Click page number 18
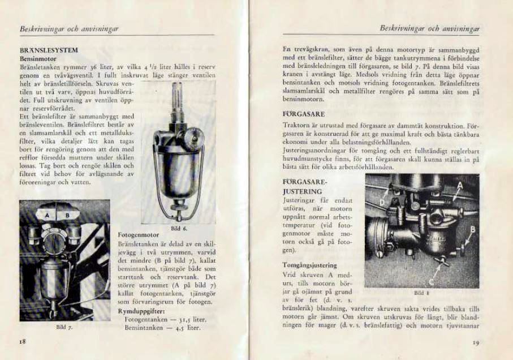point(23,342)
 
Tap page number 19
point(476,342)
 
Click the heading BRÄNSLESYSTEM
point(49,50)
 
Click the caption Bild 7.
point(64,327)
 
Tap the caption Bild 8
point(419,293)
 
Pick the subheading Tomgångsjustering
point(309,265)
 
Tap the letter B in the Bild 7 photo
point(67,216)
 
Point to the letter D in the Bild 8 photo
point(382,201)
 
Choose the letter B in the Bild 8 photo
point(472,229)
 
